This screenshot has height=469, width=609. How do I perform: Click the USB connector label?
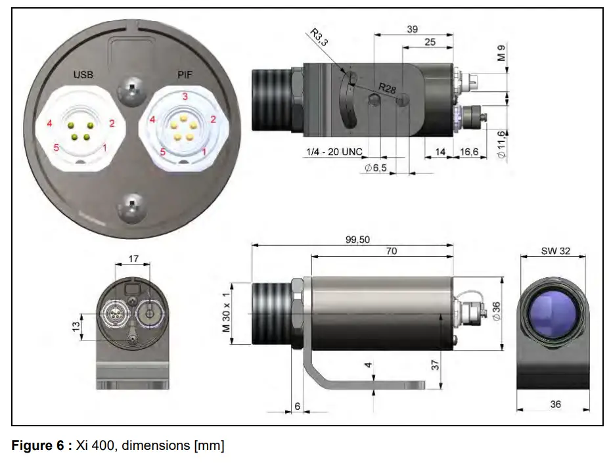(x=83, y=75)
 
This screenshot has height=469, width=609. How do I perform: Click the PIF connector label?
(x=185, y=75)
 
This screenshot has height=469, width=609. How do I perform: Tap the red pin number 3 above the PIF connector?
(x=185, y=96)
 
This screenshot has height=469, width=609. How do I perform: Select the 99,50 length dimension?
(x=357, y=240)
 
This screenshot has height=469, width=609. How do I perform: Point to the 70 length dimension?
(x=392, y=250)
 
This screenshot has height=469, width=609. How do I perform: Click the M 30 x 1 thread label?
(x=227, y=313)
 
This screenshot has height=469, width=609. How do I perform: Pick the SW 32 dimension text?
(x=555, y=250)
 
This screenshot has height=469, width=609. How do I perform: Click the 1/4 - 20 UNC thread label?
(x=334, y=152)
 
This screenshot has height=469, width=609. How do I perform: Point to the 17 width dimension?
(x=133, y=259)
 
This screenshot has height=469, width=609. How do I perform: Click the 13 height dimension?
(x=76, y=325)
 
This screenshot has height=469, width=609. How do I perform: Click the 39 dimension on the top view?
(x=412, y=30)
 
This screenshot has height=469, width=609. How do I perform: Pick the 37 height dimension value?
(x=436, y=365)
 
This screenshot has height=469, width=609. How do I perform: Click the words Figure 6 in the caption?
(x=36, y=447)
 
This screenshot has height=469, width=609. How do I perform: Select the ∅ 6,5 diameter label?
(x=376, y=168)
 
